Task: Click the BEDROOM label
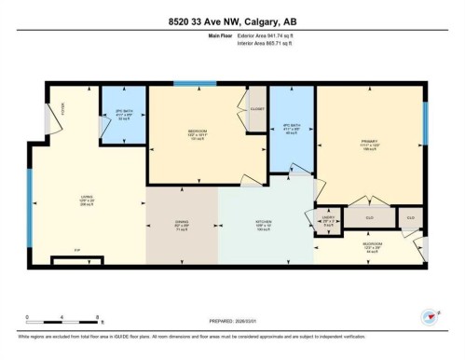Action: pos(197,131)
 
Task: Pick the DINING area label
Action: pos(181,224)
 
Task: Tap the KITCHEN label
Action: pos(265,223)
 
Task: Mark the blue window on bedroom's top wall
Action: pos(195,84)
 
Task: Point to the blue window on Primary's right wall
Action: pos(425,117)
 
